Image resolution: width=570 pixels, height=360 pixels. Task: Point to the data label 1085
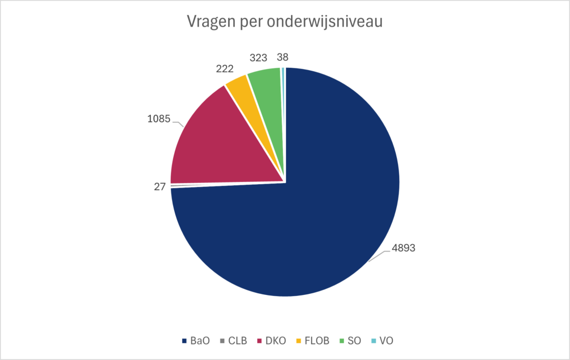(x=158, y=119)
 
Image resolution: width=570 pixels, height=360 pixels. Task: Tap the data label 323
(x=258, y=57)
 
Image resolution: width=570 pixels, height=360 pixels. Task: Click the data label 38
(x=283, y=57)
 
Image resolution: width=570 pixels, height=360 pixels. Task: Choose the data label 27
(x=160, y=187)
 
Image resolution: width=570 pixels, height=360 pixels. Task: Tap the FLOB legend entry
(x=317, y=341)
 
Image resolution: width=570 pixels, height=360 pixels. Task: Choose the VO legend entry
(x=386, y=341)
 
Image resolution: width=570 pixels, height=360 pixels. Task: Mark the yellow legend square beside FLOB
(x=299, y=341)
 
